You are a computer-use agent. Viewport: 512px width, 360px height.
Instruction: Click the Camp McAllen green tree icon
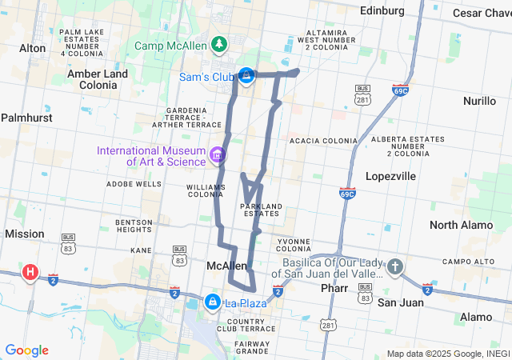[218, 43]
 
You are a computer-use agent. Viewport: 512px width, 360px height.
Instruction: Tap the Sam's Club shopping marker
[247, 76]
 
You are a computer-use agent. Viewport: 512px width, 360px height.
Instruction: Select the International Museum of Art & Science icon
[217, 154]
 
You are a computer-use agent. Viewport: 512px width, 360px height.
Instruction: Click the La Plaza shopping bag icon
[213, 302]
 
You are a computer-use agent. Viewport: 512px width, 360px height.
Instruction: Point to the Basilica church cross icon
[395, 266]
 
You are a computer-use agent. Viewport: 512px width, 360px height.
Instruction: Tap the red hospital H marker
[30, 272]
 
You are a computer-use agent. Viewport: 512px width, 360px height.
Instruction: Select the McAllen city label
[226, 266]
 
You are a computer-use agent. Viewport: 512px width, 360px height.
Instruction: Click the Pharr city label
[334, 288]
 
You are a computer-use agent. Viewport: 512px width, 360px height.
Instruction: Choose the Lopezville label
[390, 176]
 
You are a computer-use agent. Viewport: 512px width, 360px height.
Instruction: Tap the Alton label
[33, 48]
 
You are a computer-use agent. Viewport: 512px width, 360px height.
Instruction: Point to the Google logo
[27, 350]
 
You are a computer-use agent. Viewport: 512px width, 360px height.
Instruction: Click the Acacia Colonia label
[323, 140]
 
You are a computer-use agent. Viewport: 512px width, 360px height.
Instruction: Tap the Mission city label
[24, 234]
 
